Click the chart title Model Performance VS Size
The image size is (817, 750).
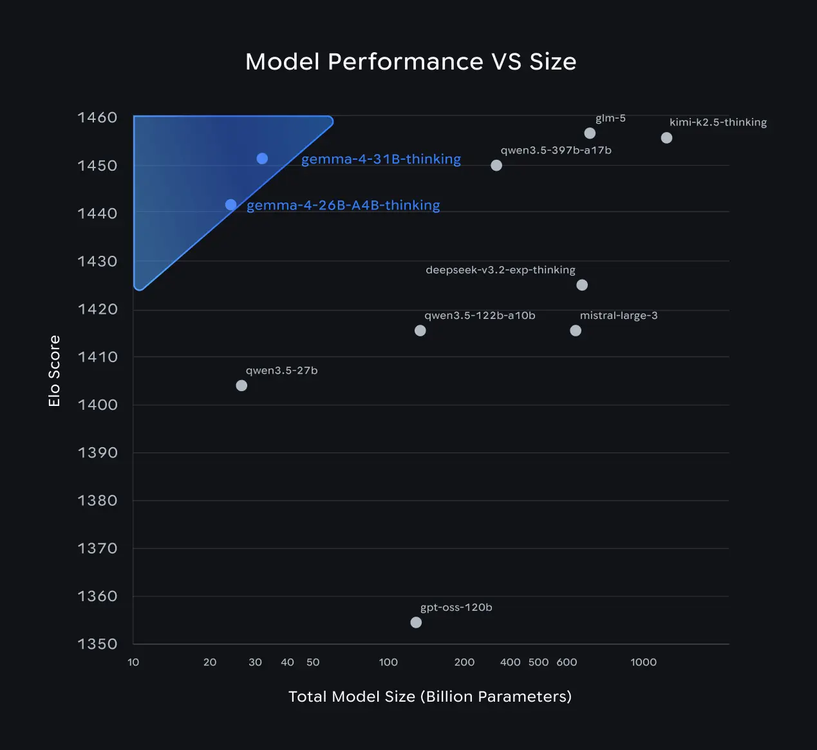tap(411, 62)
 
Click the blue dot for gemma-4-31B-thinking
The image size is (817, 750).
tap(262, 159)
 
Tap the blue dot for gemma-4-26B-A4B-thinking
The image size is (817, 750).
tap(230, 205)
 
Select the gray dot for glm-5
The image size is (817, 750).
tap(590, 133)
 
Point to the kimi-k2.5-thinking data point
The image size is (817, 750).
tap(666, 138)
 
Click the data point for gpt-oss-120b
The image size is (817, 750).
tap(416, 622)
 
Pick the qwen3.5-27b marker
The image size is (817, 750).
tap(241, 385)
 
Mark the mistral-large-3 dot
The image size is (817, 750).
tap(576, 331)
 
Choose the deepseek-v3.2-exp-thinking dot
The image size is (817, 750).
tap(582, 285)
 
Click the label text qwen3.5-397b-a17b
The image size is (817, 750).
tap(556, 150)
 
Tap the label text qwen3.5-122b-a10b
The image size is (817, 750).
tap(480, 316)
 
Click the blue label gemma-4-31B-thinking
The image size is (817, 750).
tap(381, 159)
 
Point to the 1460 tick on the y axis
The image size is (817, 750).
tap(97, 117)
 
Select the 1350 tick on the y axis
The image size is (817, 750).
tap(97, 644)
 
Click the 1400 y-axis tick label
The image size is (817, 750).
tap(97, 405)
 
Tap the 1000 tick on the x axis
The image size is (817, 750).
tap(643, 662)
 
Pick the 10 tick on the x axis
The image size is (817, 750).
tap(133, 662)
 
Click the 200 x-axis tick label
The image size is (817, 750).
tap(464, 662)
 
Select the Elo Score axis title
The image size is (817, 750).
tap(54, 371)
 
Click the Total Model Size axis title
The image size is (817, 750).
tap(429, 697)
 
